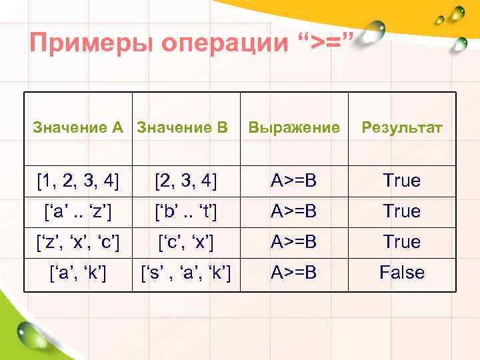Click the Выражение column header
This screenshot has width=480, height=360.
[293, 127]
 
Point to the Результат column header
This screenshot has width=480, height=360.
[401, 127]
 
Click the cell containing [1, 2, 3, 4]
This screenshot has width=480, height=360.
[79, 181]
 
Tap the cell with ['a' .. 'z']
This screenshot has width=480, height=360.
[79, 211]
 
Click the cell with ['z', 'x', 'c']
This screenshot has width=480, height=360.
[79, 241]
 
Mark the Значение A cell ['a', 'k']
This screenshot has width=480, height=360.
[79, 272]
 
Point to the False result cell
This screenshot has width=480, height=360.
[401, 272]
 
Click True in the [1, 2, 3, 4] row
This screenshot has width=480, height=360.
[401, 181]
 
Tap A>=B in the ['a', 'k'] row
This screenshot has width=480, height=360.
[293, 272]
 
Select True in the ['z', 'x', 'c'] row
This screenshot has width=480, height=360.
[401, 241]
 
